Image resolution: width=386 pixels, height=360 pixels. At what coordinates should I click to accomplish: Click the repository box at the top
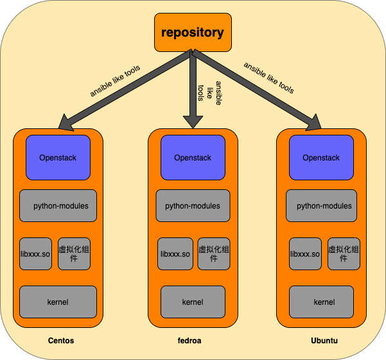193,31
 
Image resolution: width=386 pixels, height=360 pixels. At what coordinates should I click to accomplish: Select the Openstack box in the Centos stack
58,157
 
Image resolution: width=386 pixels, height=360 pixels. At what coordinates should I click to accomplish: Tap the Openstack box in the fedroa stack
193,157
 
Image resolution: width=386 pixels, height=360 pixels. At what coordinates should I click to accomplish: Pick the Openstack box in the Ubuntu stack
321,157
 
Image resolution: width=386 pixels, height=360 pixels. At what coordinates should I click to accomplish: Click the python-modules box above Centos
58,206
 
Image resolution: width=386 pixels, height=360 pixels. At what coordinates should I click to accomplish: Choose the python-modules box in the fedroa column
193,206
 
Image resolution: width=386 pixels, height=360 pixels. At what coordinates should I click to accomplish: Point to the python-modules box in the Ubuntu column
321,206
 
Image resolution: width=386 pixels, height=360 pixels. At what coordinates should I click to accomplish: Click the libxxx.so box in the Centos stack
35,253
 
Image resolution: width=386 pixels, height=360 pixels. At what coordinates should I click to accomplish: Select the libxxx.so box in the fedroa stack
175,253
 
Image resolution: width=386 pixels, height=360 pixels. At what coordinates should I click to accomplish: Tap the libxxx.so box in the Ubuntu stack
305,253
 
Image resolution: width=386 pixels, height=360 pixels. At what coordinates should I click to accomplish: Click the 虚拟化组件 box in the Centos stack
74,253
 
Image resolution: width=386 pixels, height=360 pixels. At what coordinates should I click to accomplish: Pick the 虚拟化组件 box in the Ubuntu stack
344,253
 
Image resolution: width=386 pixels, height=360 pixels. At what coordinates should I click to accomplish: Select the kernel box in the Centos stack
58,302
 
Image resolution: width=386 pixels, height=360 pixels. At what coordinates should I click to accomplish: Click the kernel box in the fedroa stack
193,302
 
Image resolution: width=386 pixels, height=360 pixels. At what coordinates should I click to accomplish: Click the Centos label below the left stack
61,341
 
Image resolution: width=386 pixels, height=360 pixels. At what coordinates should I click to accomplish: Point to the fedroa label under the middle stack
189,341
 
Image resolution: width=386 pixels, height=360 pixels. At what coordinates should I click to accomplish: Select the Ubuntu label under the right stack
324,341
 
